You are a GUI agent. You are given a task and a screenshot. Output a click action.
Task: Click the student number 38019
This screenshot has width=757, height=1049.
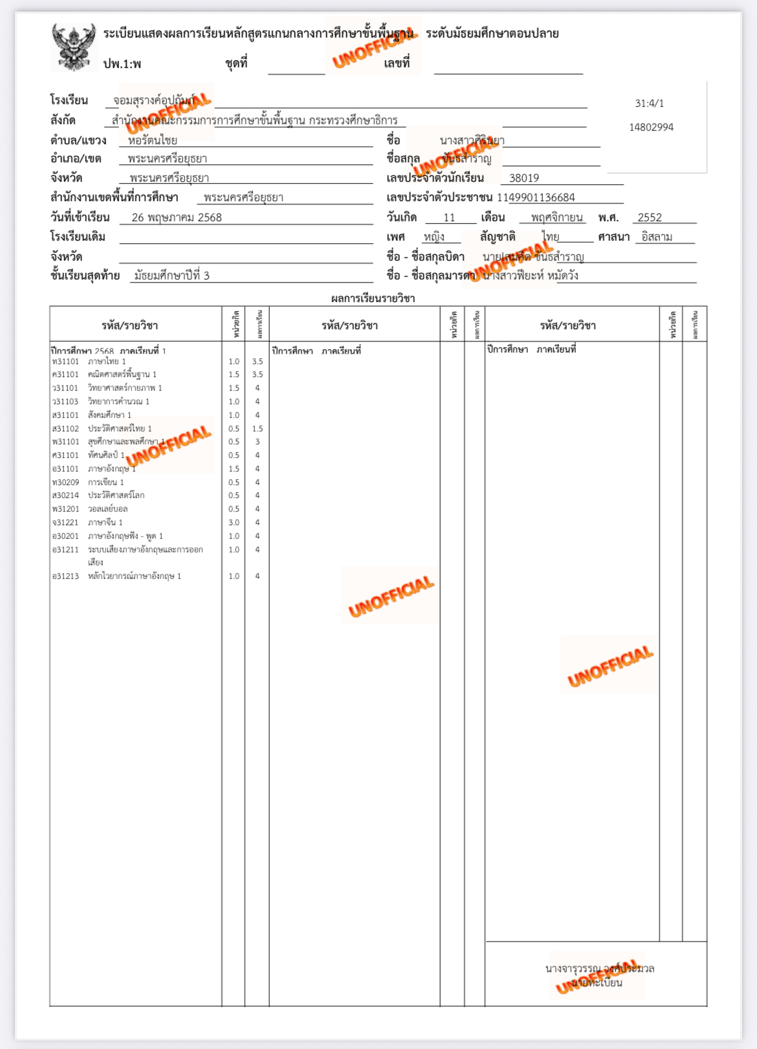tap(523, 178)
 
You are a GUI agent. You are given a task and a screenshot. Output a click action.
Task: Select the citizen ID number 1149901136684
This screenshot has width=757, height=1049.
tap(536, 197)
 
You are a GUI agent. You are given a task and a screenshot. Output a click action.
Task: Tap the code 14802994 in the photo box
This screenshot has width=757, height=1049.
tap(651, 127)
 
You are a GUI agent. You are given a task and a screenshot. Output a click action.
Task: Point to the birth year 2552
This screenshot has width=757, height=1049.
tap(649, 217)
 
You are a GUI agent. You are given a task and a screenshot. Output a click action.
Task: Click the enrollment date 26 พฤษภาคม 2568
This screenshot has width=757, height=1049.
tap(177, 217)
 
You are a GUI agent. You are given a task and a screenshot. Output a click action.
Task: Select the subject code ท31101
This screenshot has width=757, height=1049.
tap(65, 362)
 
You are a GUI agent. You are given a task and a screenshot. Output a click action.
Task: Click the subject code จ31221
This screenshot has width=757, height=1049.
tap(65, 523)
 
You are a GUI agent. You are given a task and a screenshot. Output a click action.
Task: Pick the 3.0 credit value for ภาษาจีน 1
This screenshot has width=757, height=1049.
tap(234, 523)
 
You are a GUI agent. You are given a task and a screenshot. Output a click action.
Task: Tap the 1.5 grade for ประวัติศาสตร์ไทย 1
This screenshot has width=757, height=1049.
tap(258, 429)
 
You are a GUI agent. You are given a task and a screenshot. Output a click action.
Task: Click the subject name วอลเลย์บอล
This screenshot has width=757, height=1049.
tap(107, 509)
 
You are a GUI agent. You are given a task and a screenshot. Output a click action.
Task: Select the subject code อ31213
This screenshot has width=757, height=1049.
tap(65, 576)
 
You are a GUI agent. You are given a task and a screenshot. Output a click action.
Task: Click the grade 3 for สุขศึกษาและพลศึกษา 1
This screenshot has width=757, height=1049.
tap(258, 442)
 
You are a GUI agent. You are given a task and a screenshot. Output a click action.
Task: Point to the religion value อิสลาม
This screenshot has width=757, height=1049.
tap(657, 237)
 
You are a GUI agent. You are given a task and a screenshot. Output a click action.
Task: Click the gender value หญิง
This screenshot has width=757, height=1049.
tap(434, 237)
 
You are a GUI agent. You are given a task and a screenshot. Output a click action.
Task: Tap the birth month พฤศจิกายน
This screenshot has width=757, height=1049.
tap(556, 217)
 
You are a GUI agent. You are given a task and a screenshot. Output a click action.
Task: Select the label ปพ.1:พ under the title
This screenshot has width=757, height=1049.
tap(122, 64)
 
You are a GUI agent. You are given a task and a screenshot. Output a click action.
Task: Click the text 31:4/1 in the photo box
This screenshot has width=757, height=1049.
tap(649, 103)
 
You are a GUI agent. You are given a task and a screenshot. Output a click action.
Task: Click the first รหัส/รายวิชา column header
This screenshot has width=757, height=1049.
tap(129, 325)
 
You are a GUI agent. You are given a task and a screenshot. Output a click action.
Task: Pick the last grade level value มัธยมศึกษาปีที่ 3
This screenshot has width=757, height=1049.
tap(171, 276)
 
